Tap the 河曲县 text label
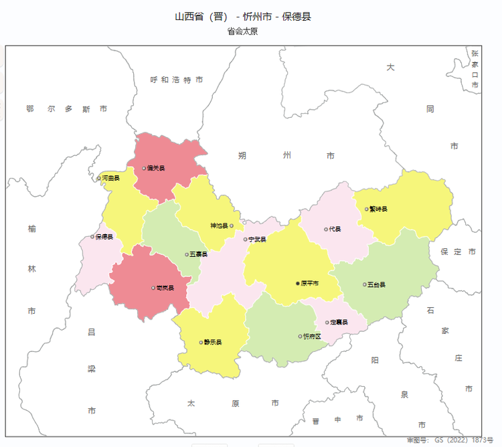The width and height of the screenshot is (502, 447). [x=110, y=178]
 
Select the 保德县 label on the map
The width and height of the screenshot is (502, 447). [x=104, y=237]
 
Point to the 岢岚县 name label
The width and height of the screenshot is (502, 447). [x=165, y=288]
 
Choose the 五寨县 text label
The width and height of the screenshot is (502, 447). [x=199, y=254]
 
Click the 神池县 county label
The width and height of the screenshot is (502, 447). [x=219, y=226]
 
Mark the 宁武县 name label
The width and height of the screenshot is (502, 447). [x=258, y=240]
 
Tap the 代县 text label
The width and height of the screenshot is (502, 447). [x=335, y=230]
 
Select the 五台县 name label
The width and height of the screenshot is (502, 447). [x=377, y=284]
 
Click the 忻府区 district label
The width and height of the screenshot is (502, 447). [x=313, y=336]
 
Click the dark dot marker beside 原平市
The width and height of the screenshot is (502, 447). [x=298, y=284]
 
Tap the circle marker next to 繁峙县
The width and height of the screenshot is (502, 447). [x=367, y=209]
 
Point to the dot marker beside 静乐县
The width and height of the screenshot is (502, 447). [x=201, y=342]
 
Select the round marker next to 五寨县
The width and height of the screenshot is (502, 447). [x=187, y=254]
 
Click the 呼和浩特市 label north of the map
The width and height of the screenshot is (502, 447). [x=177, y=80]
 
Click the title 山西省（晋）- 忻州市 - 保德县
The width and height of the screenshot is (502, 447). [x=243, y=16]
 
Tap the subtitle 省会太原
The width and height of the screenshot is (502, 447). [x=242, y=31]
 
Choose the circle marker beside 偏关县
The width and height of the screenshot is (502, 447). [x=144, y=169]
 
